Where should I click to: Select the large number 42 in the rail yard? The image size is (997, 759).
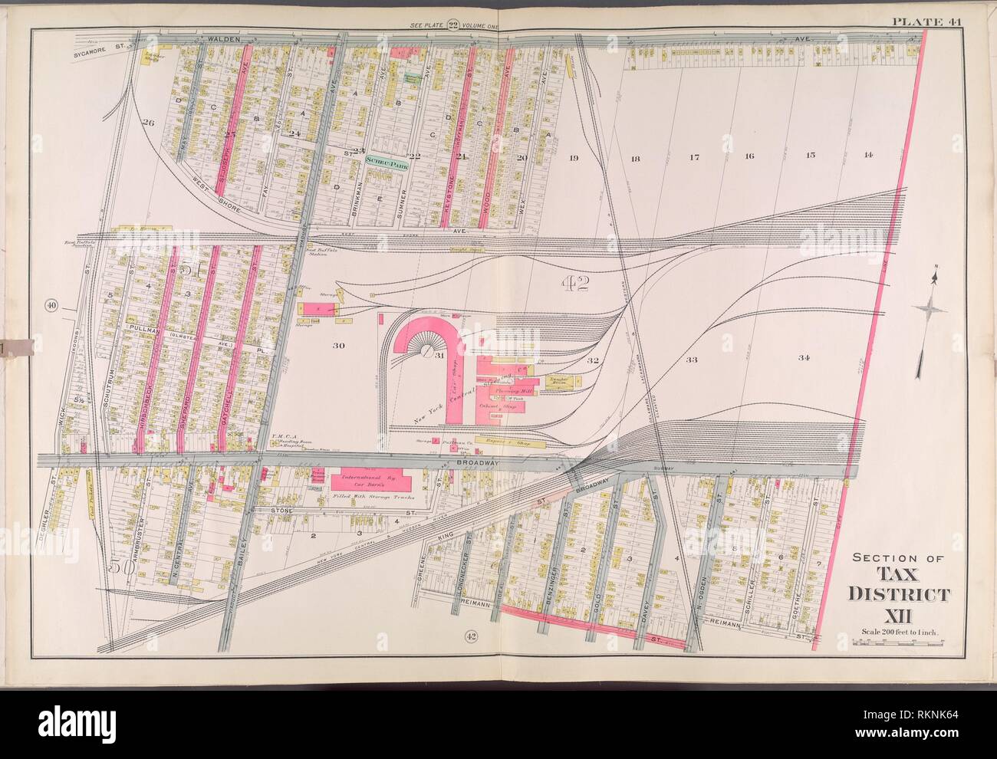tap(574, 285)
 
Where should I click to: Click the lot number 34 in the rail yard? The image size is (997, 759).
tap(803, 358)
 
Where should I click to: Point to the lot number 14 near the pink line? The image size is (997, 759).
tap(867, 156)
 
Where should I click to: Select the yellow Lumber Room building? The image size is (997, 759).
tap(562, 379)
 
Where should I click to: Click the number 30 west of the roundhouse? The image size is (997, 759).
tap(337, 346)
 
